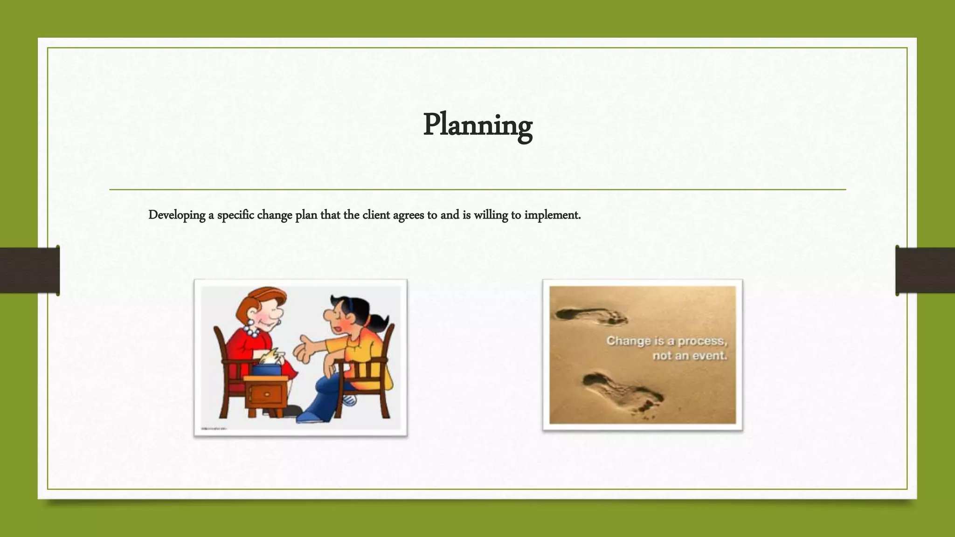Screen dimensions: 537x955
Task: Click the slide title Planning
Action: click(x=477, y=125)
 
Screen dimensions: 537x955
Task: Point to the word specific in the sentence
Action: click(x=235, y=215)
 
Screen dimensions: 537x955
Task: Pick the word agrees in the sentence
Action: click(x=408, y=215)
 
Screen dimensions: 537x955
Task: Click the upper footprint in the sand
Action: click(x=591, y=316)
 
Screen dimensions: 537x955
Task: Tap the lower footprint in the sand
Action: click(x=623, y=391)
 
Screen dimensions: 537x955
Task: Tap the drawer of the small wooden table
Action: click(x=267, y=394)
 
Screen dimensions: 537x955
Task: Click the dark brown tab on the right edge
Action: click(x=925, y=270)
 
